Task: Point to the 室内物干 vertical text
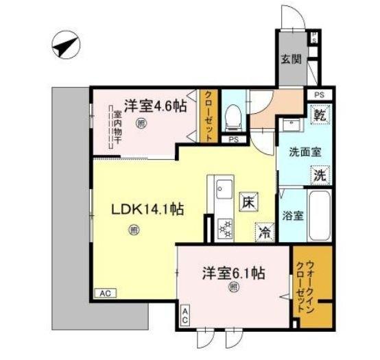click(117, 128)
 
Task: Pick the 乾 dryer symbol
click(320, 115)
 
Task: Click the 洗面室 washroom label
click(302, 152)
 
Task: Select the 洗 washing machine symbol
click(320, 176)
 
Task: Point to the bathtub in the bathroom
click(319, 214)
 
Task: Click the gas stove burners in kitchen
click(224, 228)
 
